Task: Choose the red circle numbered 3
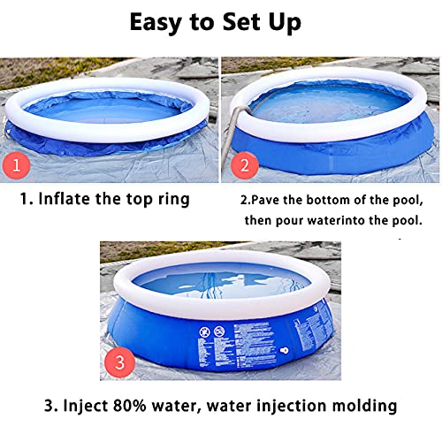(125, 361)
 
